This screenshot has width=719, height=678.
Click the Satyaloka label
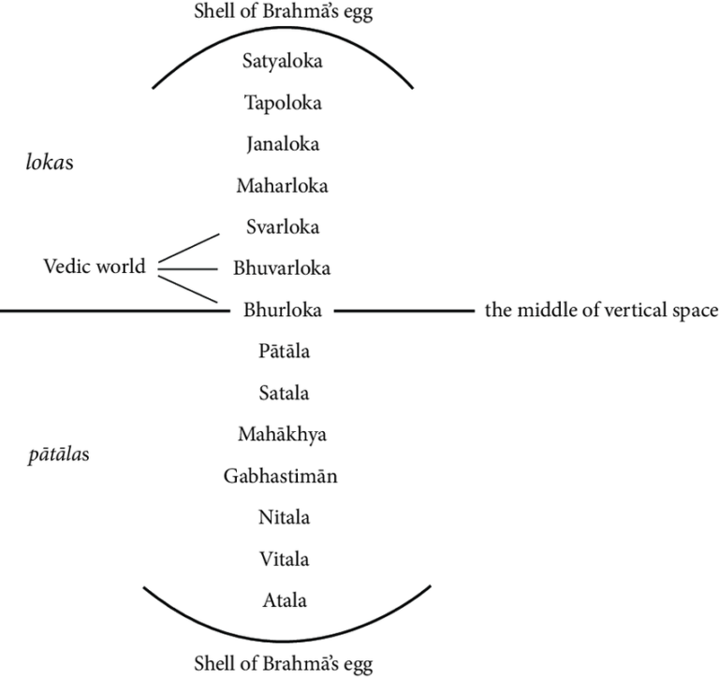pyautogui.click(x=282, y=63)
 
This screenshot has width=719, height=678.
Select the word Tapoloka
pyautogui.click(x=282, y=103)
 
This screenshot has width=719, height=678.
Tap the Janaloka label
pyautogui.click(x=282, y=144)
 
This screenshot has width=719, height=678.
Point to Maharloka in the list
pyautogui.click(x=282, y=185)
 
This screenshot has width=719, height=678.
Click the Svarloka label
pyautogui.click(x=282, y=226)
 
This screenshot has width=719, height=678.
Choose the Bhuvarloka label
pyautogui.click(x=282, y=268)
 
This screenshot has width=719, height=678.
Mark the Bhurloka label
pyautogui.click(x=282, y=310)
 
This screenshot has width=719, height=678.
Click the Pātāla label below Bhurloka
pyautogui.click(x=284, y=352)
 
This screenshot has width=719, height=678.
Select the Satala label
pyautogui.click(x=283, y=393)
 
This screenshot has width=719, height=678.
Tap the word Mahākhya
pyautogui.click(x=282, y=434)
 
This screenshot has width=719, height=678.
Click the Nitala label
pyautogui.click(x=283, y=517)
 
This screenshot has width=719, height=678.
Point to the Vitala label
pyautogui.click(x=283, y=558)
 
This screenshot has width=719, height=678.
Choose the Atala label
pyautogui.click(x=283, y=599)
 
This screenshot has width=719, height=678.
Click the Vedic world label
pyautogui.click(x=95, y=267)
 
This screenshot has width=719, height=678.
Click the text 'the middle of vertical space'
pyautogui.click(x=601, y=310)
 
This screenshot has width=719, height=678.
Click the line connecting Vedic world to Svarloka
pyautogui.click(x=187, y=247)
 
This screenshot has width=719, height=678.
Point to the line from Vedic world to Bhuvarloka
pyautogui.click(x=187, y=269)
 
